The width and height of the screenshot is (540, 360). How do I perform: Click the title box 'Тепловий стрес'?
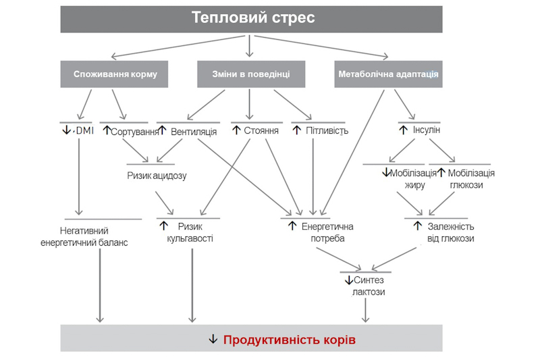tap(252, 18)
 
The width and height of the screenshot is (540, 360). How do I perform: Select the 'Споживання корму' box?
tap(115, 74)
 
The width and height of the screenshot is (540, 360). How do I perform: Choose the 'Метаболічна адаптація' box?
tap(387, 74)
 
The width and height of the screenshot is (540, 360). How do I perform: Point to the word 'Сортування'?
tap(134, 131)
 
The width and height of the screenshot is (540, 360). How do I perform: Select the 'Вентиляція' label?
tap(193, 131)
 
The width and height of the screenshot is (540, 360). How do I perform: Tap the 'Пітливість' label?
tap(325, 130)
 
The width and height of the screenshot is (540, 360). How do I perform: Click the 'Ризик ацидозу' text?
tap(157, 176)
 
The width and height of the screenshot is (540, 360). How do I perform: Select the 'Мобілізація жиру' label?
tap(410, 179)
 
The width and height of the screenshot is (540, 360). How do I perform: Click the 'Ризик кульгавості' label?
tap(190, 232)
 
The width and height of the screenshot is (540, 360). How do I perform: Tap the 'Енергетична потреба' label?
tap(327, 232)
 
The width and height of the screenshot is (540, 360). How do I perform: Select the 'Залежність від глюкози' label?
tap(450, 232)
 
